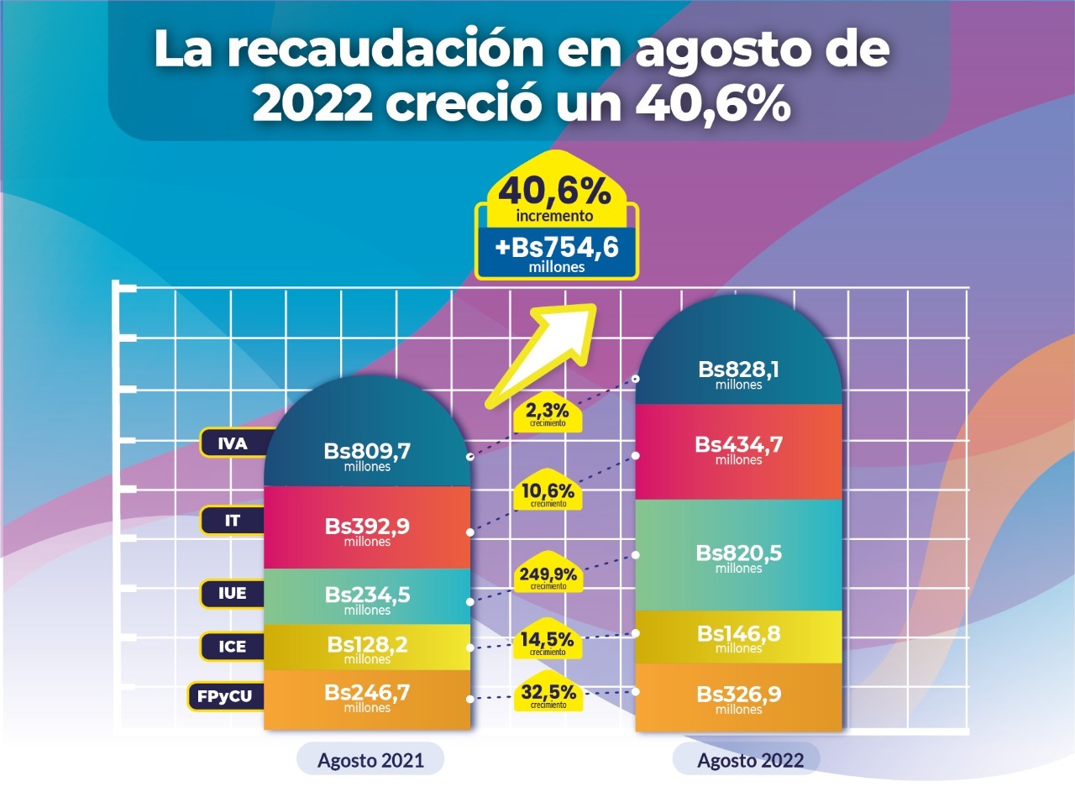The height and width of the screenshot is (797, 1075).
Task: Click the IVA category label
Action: tap(233, 443)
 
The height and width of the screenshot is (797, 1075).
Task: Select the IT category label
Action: tap(233, 521)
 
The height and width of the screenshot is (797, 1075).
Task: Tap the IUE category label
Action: tap(233, 594)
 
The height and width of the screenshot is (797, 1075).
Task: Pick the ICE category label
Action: tap(233, 648)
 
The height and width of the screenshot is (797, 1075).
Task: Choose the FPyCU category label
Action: tap(225, 695)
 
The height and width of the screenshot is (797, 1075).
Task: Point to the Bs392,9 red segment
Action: tap(367, 530)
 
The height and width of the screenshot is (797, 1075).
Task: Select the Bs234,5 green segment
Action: tap(367, 598)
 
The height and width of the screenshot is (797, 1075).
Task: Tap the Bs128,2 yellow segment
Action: tap(367, 648)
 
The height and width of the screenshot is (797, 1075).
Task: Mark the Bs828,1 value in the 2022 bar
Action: tap(738, 373)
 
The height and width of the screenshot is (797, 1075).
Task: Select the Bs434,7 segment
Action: tap(738, 448)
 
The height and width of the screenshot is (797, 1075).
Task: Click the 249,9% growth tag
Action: tap(548, 577)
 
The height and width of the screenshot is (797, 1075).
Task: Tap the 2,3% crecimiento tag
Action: tap(548, 414)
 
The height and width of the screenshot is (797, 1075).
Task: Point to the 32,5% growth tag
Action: tap(548, 695)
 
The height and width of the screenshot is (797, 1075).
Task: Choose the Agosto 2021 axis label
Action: tap(370, 761)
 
